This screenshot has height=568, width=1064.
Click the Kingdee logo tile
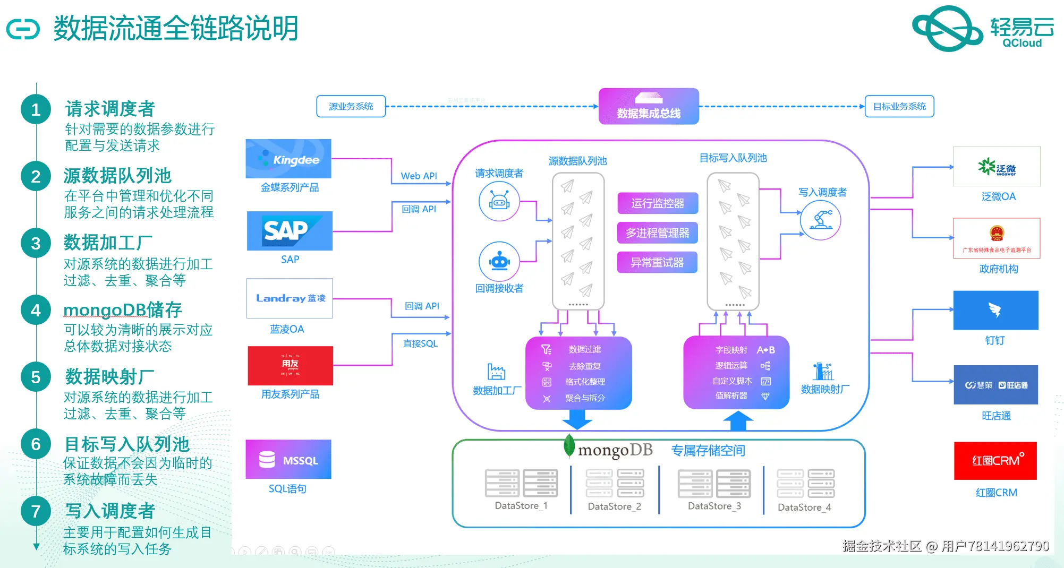point(288,159)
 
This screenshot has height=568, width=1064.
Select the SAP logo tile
point(290,231)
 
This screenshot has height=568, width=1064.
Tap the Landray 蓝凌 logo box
point(290,298)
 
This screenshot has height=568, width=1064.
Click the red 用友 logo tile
point(290,366)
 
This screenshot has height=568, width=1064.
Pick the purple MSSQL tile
point(288,459)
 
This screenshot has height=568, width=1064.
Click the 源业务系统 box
point(351,106)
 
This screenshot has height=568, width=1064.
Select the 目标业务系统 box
point(899,106)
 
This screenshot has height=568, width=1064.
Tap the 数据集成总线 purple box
point(649,106)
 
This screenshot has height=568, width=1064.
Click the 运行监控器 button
point(658,203)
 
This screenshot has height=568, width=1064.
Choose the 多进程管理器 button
point(658,233)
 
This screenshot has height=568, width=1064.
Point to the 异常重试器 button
point(658,262)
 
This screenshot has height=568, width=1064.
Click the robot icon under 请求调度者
point(499,201)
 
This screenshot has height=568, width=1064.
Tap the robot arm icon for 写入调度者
point(820,220)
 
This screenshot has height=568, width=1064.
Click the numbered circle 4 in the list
point(36,310)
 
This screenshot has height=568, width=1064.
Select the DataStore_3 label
point(714,506)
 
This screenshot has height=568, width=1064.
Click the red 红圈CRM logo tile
point(995,461)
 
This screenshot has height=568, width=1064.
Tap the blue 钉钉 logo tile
point(995,310)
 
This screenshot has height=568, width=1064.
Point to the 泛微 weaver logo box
point(997,167)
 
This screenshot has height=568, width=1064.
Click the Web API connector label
point(419,176)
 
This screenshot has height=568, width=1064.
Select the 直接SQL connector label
point(420,343)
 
